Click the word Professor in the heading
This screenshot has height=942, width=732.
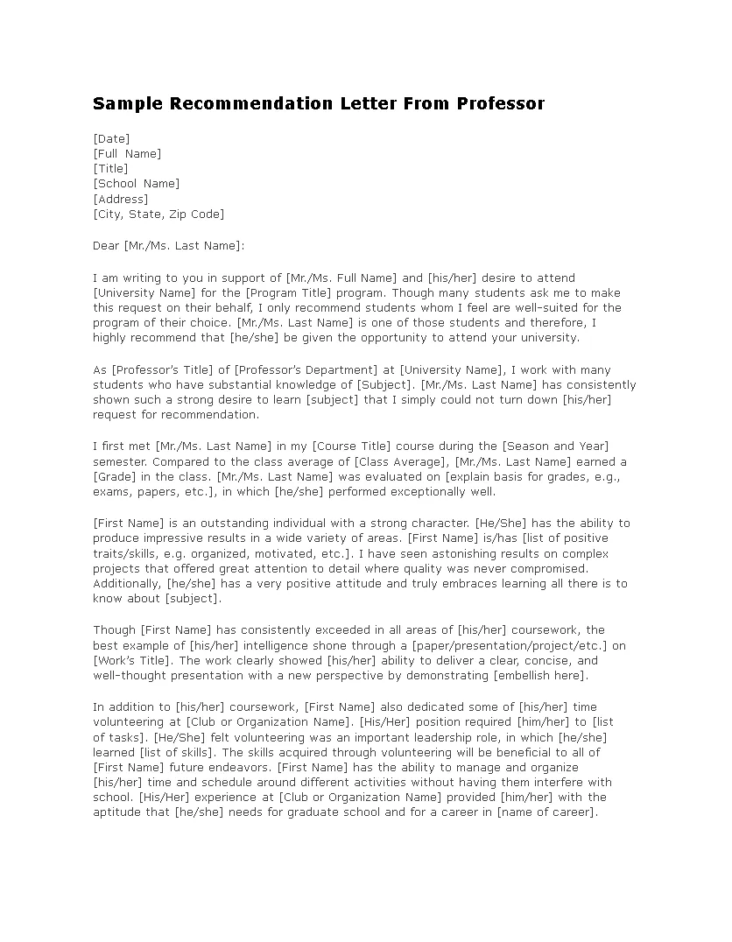click(500, 104)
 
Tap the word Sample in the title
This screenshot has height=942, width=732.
click(129, 104)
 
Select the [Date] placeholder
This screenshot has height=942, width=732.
click(111, 138)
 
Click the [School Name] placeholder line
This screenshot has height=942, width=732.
click(136, 184)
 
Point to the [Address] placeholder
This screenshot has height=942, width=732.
click(120, 199)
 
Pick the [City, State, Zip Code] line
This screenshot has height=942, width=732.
click(158, 214)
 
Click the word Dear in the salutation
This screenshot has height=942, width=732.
click(106, 246)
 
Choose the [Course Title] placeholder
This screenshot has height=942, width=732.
click(353, 446)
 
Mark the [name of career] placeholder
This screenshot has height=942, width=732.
click(546, 812)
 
